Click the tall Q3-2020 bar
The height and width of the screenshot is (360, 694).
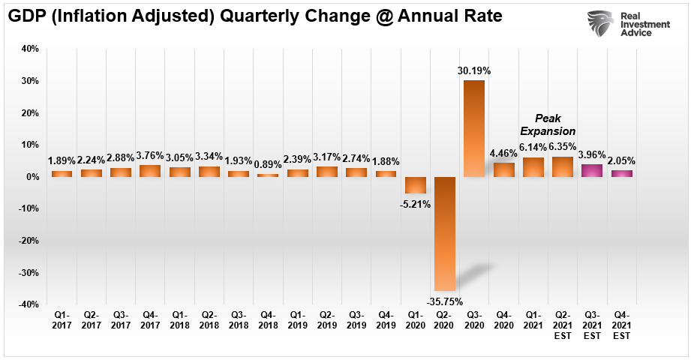coord(474,128)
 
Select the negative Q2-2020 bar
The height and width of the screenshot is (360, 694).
coord(445,233)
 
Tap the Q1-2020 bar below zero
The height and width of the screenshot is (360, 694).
coord(416,185)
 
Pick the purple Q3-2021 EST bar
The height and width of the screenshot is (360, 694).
coord(592,170)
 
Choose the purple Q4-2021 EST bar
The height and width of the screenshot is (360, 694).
coord(621,173)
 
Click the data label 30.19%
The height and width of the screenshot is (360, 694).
coord(474,71)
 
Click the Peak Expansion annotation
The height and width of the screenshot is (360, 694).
coord(547,124)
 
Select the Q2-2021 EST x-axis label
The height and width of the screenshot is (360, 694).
coord(563,325)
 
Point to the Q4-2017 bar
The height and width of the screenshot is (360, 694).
coord(151,170)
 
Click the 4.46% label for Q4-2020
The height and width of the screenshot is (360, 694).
coord(503,154)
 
